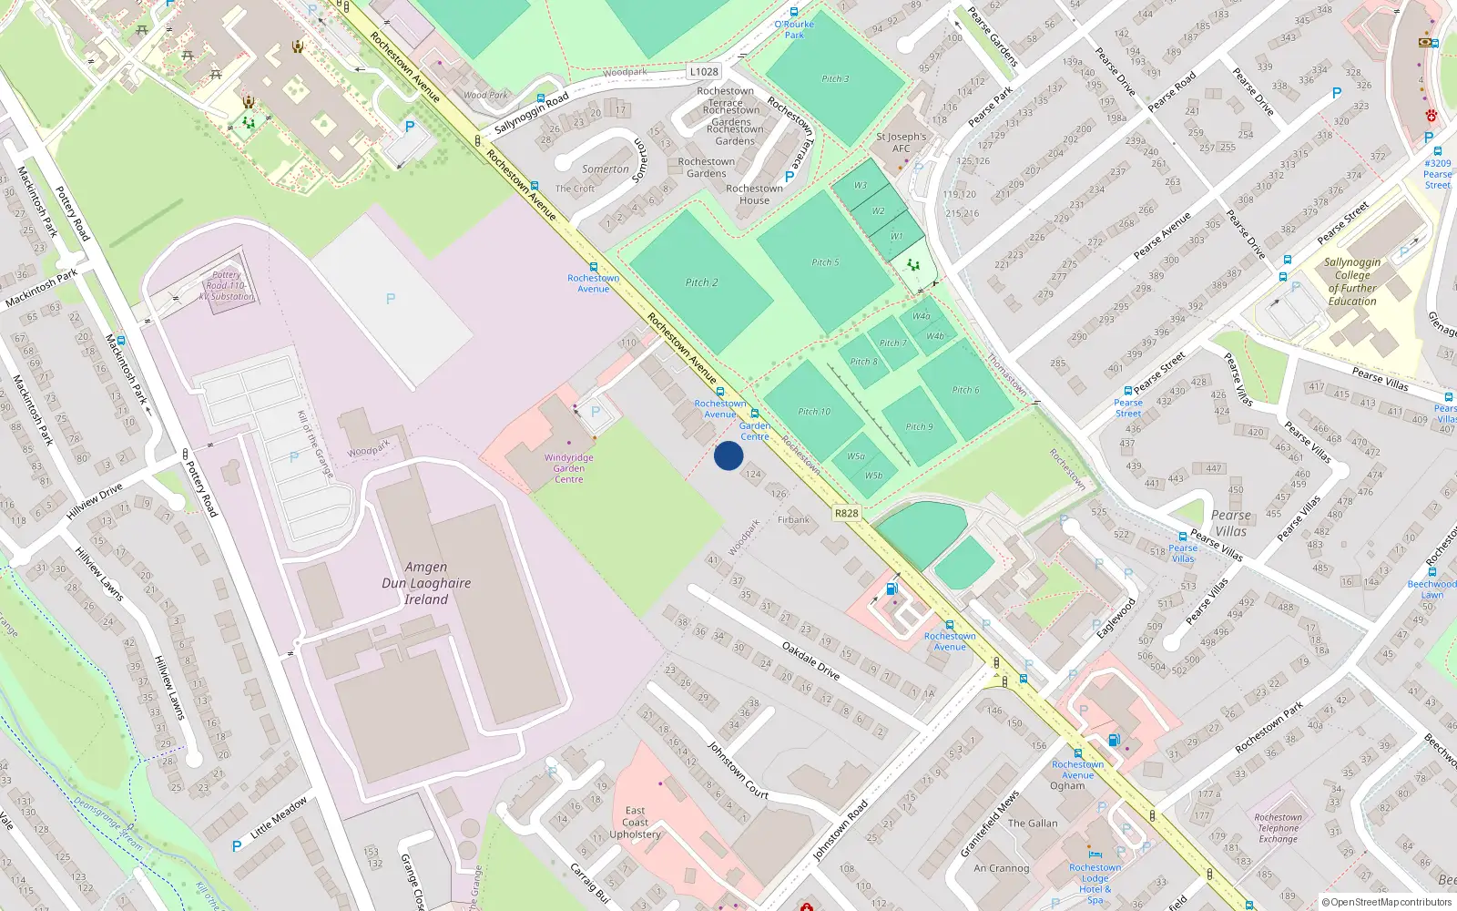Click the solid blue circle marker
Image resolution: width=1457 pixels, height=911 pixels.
728,455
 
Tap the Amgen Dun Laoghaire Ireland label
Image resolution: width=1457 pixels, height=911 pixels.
426,583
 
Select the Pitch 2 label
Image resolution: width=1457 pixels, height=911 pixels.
701,282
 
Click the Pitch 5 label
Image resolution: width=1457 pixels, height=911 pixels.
825,262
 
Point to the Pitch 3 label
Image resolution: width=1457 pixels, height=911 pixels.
835,78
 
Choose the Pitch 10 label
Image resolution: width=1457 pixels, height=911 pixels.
814,412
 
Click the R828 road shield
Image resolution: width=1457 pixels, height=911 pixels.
846,513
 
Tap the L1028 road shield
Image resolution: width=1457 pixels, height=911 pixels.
703,71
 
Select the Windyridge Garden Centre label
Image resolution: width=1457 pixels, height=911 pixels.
569,468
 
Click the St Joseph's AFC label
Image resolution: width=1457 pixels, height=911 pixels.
901,142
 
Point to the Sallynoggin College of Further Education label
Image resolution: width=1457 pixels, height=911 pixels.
1352,281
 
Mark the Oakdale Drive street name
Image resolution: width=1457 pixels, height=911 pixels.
810,660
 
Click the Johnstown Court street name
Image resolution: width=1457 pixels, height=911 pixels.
738,771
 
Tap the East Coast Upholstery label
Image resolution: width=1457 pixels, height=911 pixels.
635,822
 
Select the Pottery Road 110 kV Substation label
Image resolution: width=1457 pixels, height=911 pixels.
227,285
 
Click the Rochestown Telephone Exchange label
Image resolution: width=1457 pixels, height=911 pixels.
1278,828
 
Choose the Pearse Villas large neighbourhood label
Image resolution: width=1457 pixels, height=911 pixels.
1230,523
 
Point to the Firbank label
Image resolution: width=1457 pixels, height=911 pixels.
793,520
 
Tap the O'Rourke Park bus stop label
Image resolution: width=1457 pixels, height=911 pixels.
794,29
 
